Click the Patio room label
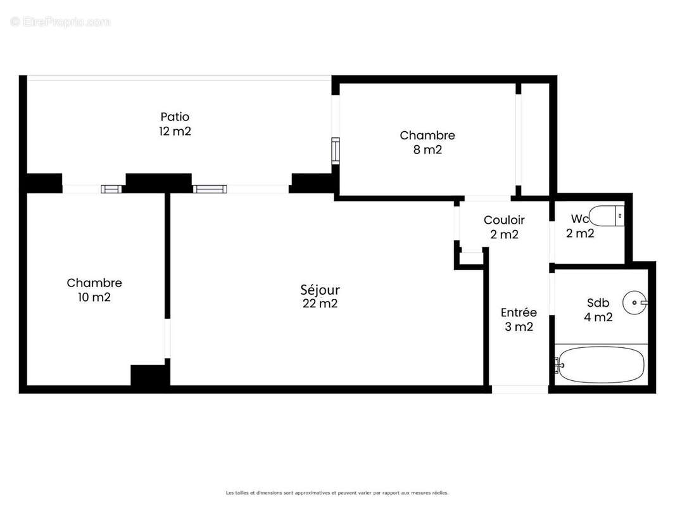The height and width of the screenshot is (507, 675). point(175,117)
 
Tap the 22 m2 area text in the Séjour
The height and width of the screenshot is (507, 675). point(320,304)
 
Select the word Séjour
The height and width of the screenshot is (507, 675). point(320,290)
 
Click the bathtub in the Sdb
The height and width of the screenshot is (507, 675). point(601,364)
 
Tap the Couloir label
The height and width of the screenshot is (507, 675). point(504,220)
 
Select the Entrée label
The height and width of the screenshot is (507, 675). point(519,312)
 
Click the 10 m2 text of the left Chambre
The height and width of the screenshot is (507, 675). point(94,297)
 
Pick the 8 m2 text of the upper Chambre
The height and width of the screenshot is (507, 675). point(427,150)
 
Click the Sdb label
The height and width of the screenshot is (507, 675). point(598,303)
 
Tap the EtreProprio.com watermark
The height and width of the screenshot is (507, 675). point(61,22)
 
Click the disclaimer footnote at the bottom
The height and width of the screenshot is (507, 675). point(337,492)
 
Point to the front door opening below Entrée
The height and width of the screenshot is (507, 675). point(519,389)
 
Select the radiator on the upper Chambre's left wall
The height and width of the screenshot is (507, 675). point(336,150)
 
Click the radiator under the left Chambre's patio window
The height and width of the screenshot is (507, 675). point(112,188)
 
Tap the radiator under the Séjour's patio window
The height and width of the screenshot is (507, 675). point(208,188)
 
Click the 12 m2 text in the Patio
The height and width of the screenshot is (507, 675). point(175,132)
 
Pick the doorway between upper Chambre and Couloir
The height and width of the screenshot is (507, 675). point(487,198)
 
